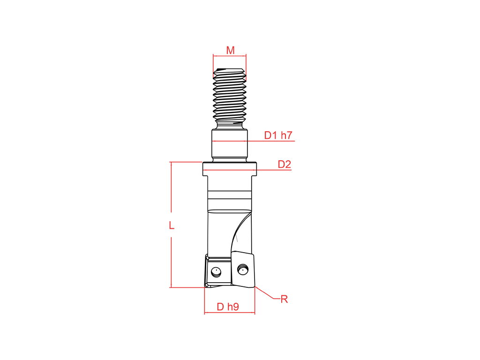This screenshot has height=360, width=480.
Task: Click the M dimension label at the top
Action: pyautogui.click(x=230, y=50)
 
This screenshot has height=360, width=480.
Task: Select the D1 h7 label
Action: pyautogui.click(x=278, y=135)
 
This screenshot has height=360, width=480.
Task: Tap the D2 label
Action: pyautogui.click(x=285, y=165)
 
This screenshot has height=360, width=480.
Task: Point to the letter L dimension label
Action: pyautogui.click(x=172, y=225)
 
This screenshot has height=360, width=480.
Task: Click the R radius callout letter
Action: pyautogui.click(x=285, y=299)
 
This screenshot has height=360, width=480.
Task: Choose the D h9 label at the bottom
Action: pyautogui.click(x=228, y=307)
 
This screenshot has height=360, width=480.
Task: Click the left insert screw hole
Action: pyautogui.click(x=216, y=272)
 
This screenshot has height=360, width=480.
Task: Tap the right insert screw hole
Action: pyautogui.click(x=243, y=270)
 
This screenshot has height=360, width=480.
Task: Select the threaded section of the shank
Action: pyautogui.click(x=230, y=98)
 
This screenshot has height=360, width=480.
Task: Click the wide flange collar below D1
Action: pyautogui.click(x=230, y=169)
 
